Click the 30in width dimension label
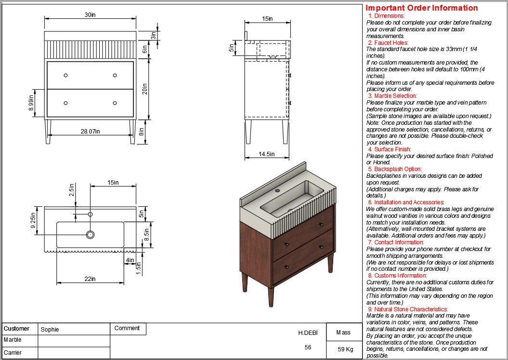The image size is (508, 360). (x=90, y=15)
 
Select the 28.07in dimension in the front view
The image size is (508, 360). (x=90, y=132)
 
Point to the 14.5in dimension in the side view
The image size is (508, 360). (x=266, y=154)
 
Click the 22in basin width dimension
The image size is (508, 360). (x=90, y=279)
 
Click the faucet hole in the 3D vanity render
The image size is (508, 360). (x=277, y=190)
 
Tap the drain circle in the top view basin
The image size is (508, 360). (x=90, y=235)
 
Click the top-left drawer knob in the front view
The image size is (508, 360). (x=66, y=75)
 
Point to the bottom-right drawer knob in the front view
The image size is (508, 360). (x=115, y=103)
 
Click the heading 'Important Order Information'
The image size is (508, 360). (x=421, y=8)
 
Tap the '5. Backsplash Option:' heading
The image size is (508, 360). (x=394, y=169)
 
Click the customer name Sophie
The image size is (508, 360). (x=50, y=330)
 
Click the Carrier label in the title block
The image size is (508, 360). (x=13, y=353)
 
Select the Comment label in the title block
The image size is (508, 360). (x=127, y=328)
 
